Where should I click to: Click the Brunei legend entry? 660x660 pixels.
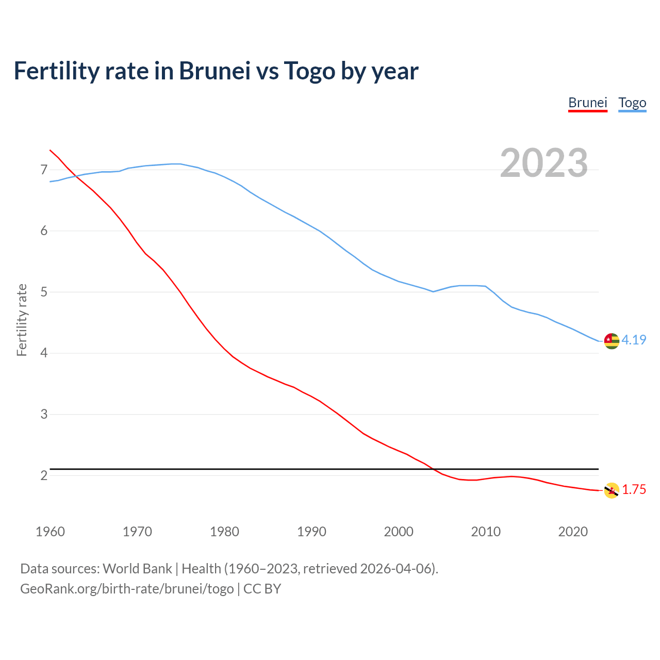(587, 103)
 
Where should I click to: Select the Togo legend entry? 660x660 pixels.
(632, 103)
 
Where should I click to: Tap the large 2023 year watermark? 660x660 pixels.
(543, 163)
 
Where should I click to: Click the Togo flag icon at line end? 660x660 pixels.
(611, 341)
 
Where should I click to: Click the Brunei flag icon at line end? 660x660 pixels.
(611, 490)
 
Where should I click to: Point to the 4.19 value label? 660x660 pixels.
(634, 340)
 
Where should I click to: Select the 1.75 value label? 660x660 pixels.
(634, 490)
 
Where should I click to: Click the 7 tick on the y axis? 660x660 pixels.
(43, 170)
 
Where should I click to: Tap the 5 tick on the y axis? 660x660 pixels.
(43, 292)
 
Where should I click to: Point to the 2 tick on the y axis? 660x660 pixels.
(43, 475)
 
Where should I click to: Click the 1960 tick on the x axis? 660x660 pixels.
(50, 532)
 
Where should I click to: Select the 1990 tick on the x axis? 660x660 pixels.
(311, 532)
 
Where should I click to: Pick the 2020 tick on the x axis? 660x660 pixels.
(573, 532)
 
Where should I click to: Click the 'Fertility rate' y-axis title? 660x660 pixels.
(22, 320)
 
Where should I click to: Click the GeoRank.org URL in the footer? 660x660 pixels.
(127, 588)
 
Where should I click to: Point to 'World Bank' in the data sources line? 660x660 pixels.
(137, 569)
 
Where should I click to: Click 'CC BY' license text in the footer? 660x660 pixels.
(262, 588)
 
